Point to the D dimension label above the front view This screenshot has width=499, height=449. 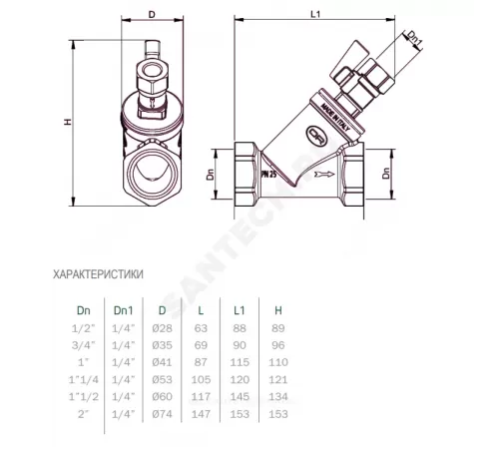pyautogui.click(x=151, y=14)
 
